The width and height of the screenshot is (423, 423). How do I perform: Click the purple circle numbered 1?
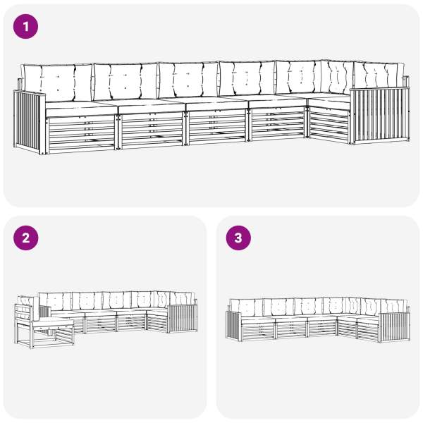click(x=25, y=27)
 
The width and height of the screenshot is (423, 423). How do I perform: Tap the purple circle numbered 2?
click(x=25, y=238)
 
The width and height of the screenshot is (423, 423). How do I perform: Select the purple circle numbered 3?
click(x=238, y=238)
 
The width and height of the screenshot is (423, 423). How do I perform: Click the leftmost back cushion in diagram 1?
click(x=58, y=82)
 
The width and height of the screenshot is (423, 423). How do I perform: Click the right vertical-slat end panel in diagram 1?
click(x=380, y=115)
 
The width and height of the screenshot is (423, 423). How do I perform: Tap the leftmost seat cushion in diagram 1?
click(x=81, y=108)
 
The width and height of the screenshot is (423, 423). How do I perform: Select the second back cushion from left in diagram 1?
click(x=125, y=81)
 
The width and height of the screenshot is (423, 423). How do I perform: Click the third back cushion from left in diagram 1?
click(x=188, y=80)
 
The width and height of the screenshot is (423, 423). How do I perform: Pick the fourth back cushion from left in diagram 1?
click(x=247, y=78)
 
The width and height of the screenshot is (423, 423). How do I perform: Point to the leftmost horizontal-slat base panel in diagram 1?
click(x=81, y=134)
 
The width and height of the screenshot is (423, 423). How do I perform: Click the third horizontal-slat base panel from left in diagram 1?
click(x=217, y=126)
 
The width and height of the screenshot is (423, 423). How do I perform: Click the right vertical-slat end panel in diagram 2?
click(x=183, y=319)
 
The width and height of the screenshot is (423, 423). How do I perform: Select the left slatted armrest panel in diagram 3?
click(x=233, y=326)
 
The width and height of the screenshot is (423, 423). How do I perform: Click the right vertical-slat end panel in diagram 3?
click(x=394, y=328)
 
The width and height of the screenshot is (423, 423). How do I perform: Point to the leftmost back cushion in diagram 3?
click(x=246, y=307)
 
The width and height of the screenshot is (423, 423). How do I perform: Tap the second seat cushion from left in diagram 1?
click(x=152, y=106)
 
